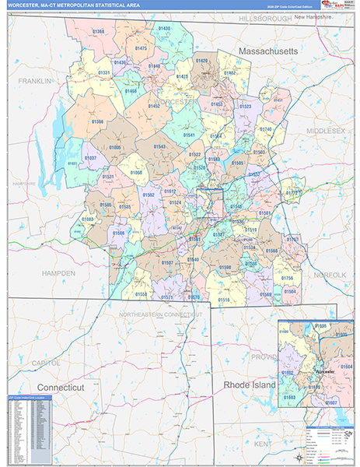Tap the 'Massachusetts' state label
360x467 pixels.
pos(267,51)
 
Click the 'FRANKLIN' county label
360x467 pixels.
pos(36,81)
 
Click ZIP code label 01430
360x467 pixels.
pos(164,28)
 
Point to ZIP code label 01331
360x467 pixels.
pos(103,72)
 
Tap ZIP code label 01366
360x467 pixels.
pos(97,121)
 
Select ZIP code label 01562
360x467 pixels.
pos(148,194)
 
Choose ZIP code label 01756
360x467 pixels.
pos(287,278)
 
